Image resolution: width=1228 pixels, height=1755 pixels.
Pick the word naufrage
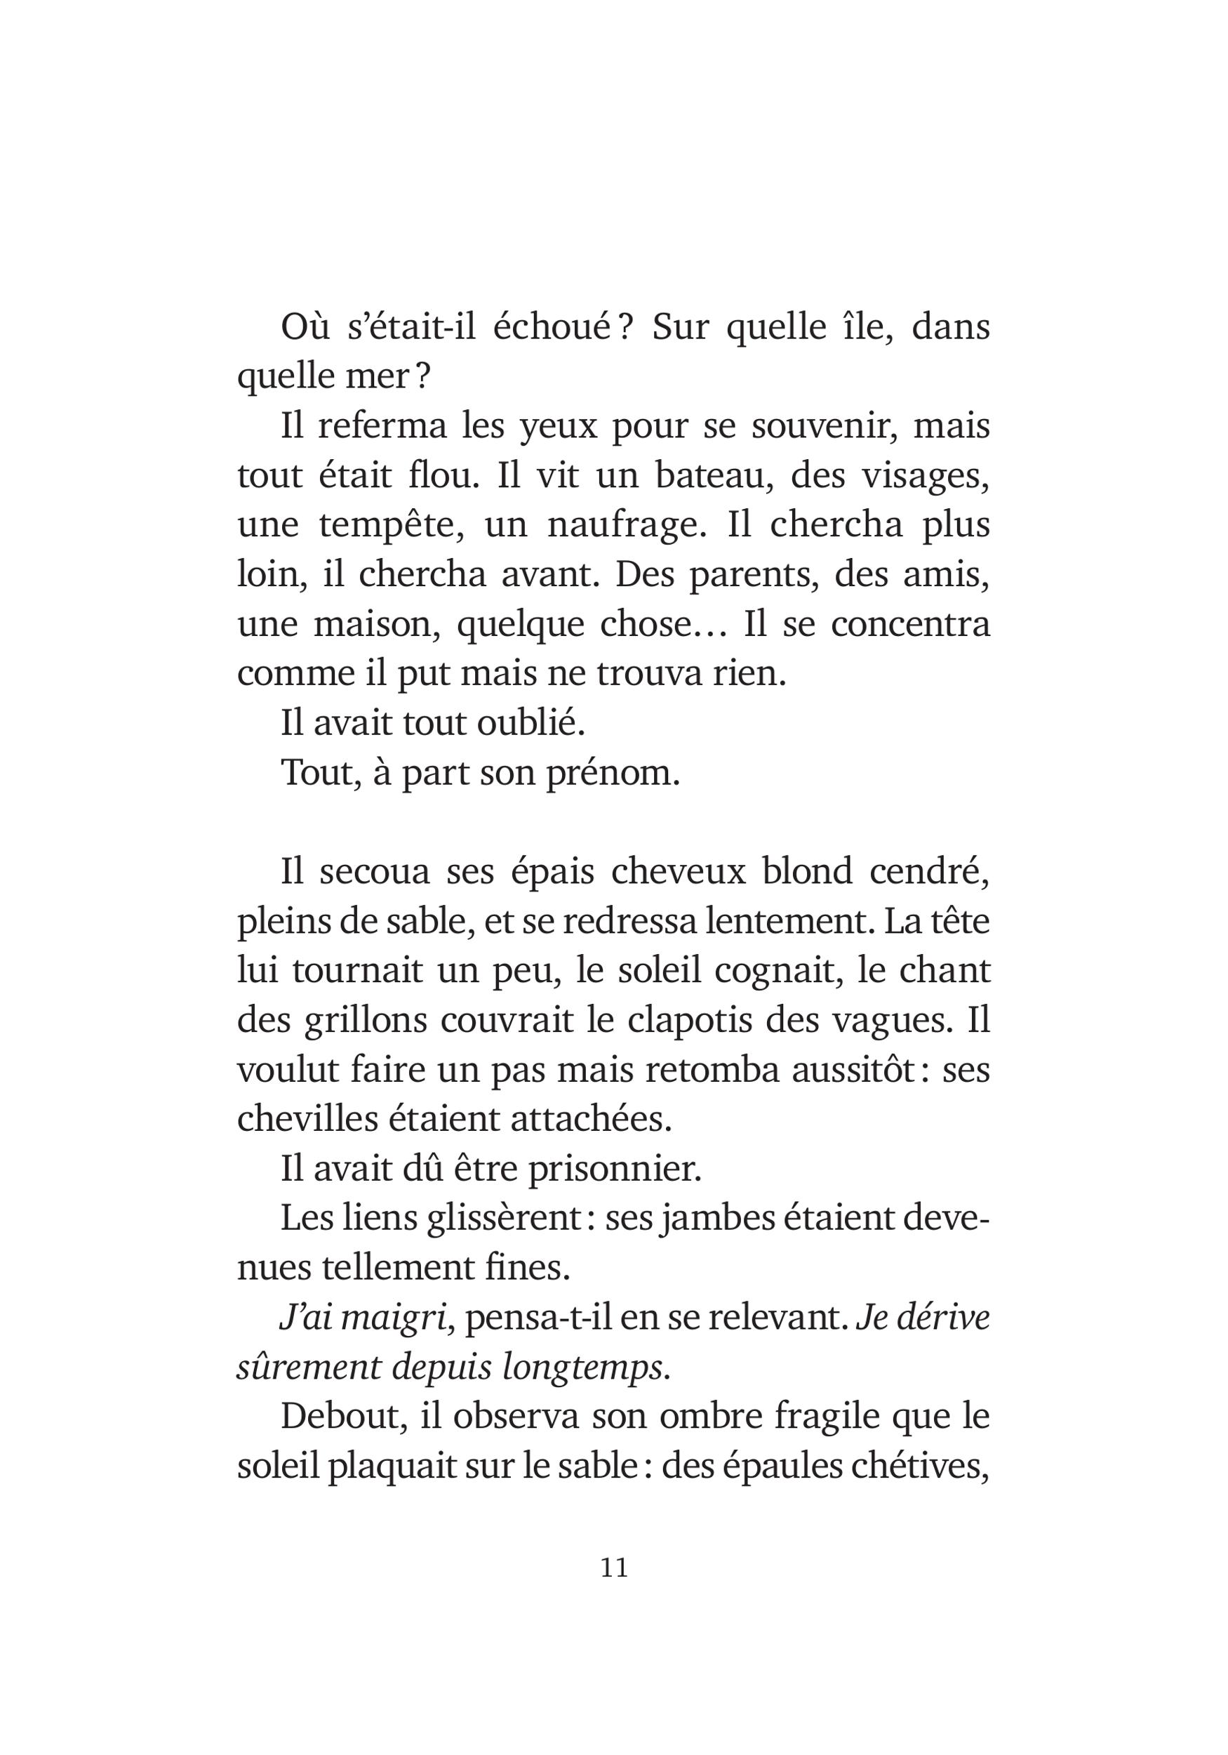click(627, 525)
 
